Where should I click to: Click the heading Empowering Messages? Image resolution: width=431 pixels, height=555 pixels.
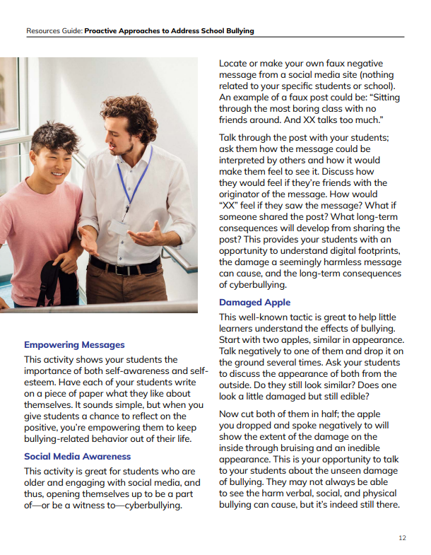coord(74,345)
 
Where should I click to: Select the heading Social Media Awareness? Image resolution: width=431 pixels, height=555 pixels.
coord(77,456)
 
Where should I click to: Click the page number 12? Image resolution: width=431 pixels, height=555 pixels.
coord(402,538)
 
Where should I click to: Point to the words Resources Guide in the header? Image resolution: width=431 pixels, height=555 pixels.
coord(54,31)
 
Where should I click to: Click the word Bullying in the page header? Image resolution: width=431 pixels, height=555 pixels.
coord(238,31)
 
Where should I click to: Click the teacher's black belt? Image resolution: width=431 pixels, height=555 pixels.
coord(127,267)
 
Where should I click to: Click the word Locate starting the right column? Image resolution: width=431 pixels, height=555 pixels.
coord(235,64)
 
